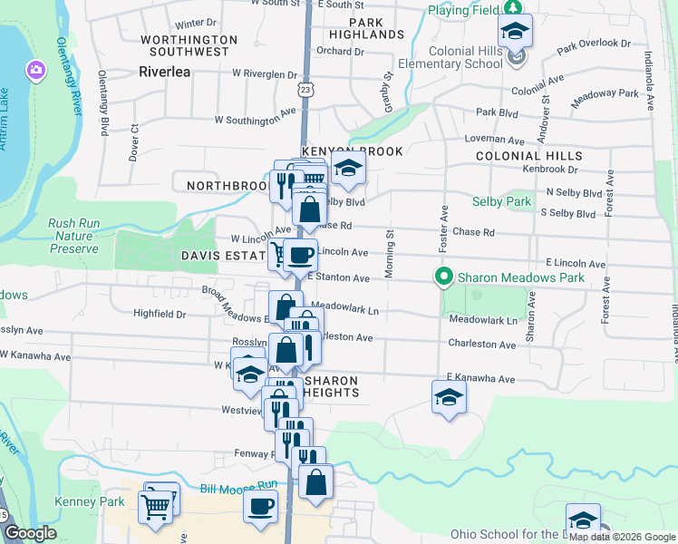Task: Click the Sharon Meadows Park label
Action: point(521,277)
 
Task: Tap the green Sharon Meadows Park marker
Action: point(444,277)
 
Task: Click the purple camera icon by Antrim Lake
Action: point(35,70)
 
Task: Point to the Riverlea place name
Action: point(165,71)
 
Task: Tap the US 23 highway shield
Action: point(305,90)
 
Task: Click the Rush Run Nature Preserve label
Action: point(73,236)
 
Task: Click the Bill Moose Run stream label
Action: point(237,489)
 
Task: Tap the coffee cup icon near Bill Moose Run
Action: point(261,506)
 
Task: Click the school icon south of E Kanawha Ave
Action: point(448,397)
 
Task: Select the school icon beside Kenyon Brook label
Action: point(347,168)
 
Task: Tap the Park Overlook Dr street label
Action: point(594,43)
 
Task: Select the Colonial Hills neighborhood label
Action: point(529,156)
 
